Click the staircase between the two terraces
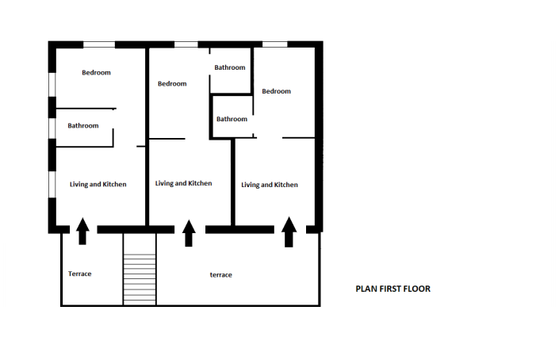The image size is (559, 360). (140, 270)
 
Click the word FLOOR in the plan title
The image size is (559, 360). (418, 289)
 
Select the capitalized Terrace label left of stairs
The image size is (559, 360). (80, 274)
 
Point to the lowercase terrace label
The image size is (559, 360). (220, 275)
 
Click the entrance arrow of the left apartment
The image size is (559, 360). (82, 232)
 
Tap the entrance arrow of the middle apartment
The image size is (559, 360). (189, 233)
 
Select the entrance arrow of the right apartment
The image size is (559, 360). (289, 231)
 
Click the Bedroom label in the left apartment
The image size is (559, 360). (97, 73)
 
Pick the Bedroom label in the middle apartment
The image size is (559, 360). (172, 84)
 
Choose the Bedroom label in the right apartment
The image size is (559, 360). (277, 91)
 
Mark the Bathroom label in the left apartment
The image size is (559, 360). (83, 126)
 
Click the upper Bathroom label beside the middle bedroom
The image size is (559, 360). (230, 68)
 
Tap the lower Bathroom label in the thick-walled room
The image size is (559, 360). (232, 119)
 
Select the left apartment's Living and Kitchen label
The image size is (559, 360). (98, 185)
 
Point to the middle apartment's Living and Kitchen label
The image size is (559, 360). (184, 183)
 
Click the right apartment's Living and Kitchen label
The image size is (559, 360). (270, 185)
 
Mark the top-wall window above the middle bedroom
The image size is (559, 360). (186, 44)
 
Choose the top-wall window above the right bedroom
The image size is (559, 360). (274, 44)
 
